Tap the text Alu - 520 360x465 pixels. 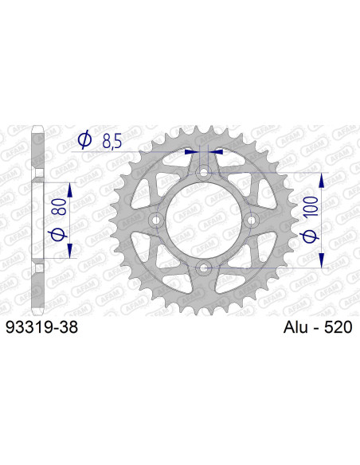(317, 326)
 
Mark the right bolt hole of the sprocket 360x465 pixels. (252, 219)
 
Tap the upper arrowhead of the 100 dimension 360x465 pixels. (322, 177)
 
